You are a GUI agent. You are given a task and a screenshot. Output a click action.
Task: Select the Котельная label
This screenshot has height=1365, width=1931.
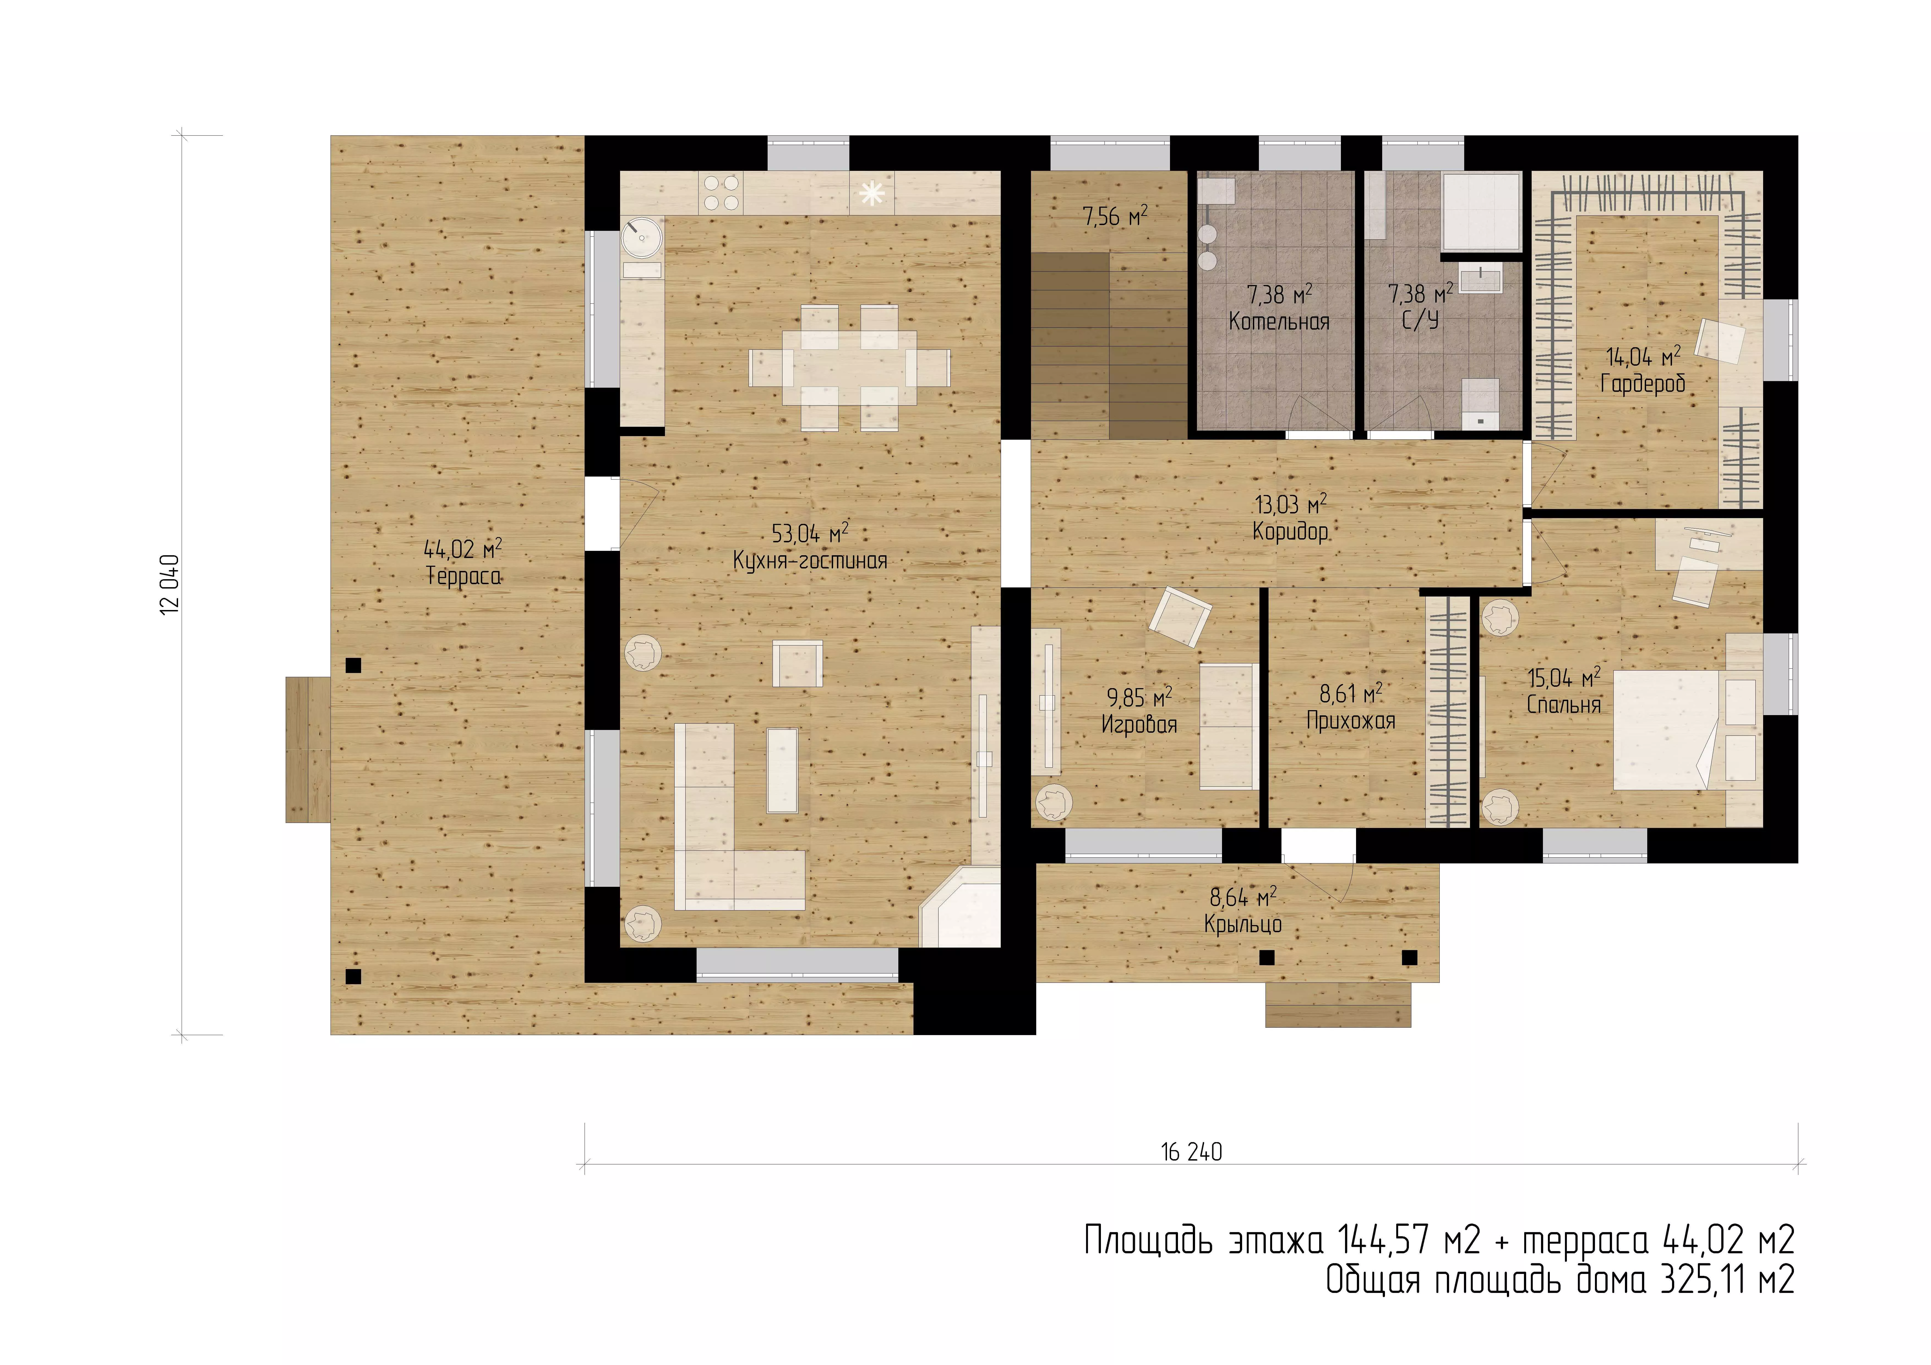(x=1279, y=321)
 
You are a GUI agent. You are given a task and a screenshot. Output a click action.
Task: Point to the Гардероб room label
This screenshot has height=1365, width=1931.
(x=1643, y=384)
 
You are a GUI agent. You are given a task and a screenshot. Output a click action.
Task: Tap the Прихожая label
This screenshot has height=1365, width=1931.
(x=1351, y=721)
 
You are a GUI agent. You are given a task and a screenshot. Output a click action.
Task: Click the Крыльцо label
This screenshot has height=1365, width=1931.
(x=1243, y=924)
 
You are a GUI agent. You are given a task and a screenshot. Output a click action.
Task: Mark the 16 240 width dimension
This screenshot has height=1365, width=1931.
(x=1192, y=1152)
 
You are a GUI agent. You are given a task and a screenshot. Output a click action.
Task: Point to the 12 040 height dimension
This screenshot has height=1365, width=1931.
(x=170, y=584)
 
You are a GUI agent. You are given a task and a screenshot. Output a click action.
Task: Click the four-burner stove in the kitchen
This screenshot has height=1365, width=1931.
(x=722, y=193)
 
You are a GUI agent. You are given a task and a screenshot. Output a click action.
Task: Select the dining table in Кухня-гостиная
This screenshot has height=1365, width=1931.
(x=849, y=368)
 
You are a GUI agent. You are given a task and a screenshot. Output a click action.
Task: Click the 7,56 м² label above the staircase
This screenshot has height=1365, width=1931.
(x=1114, y=217)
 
